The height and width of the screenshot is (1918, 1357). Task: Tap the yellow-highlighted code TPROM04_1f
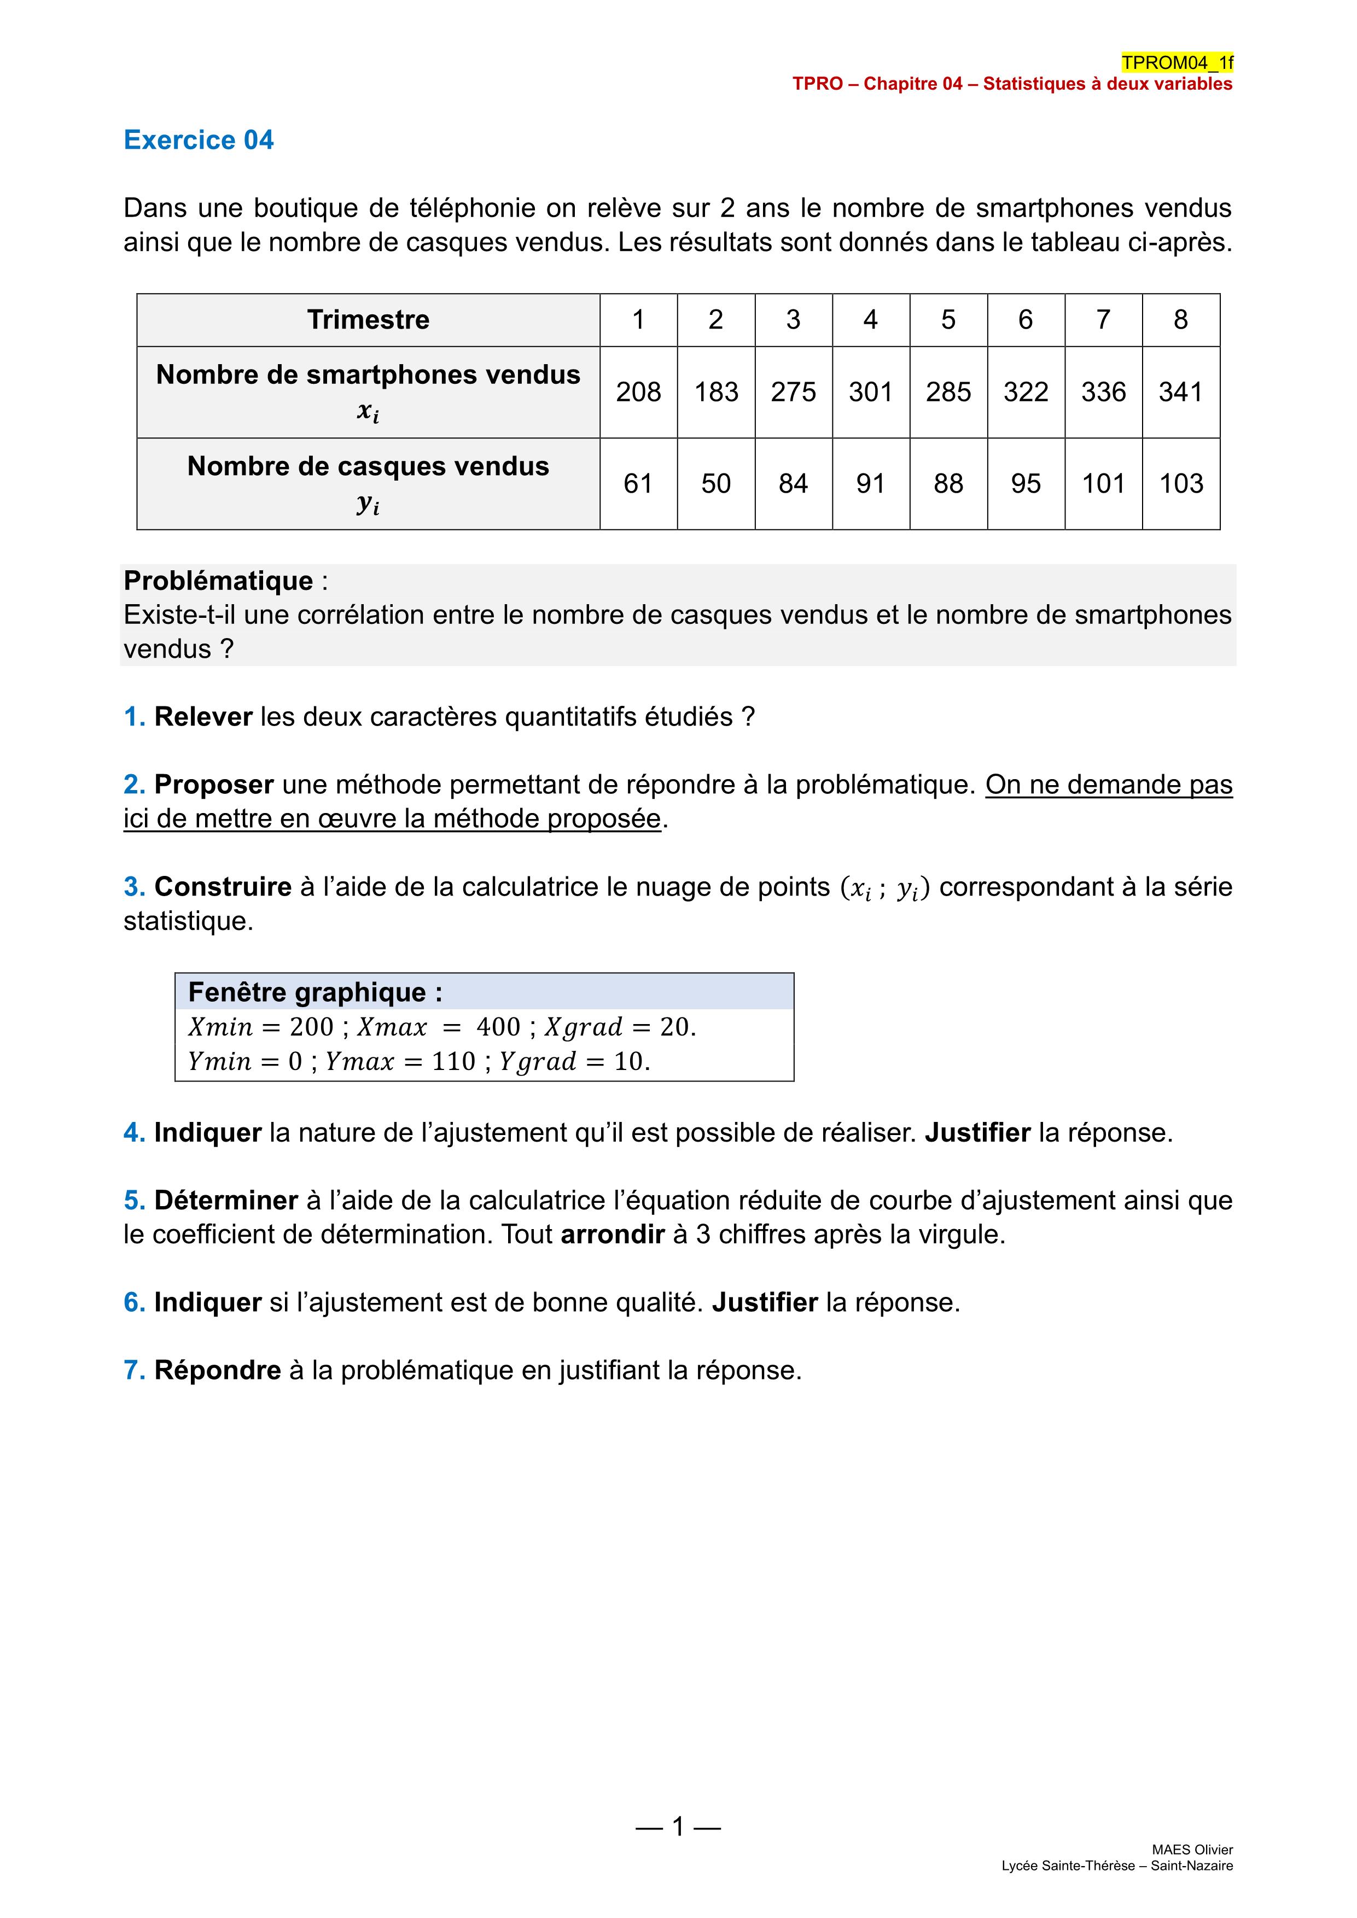pos(1177,63)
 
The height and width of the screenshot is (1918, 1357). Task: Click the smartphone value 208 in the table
pos(638,392)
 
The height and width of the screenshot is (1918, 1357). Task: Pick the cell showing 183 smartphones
pos(716,392)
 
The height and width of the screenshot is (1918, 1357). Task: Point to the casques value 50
pos(716,484)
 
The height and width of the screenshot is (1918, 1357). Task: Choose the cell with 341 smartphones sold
pos(1181,392)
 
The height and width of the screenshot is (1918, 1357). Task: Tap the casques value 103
pos(1181,484)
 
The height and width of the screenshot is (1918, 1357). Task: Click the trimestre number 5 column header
pos(948,319)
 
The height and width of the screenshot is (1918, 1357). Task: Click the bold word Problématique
pos(218,581)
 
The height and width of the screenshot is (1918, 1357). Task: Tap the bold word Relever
pos(203,717)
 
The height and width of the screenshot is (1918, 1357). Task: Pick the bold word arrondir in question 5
pos(613,1235)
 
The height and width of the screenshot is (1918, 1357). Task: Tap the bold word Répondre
pos(217,1370)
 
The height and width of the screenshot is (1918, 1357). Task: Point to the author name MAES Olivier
pos(1192,1850)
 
